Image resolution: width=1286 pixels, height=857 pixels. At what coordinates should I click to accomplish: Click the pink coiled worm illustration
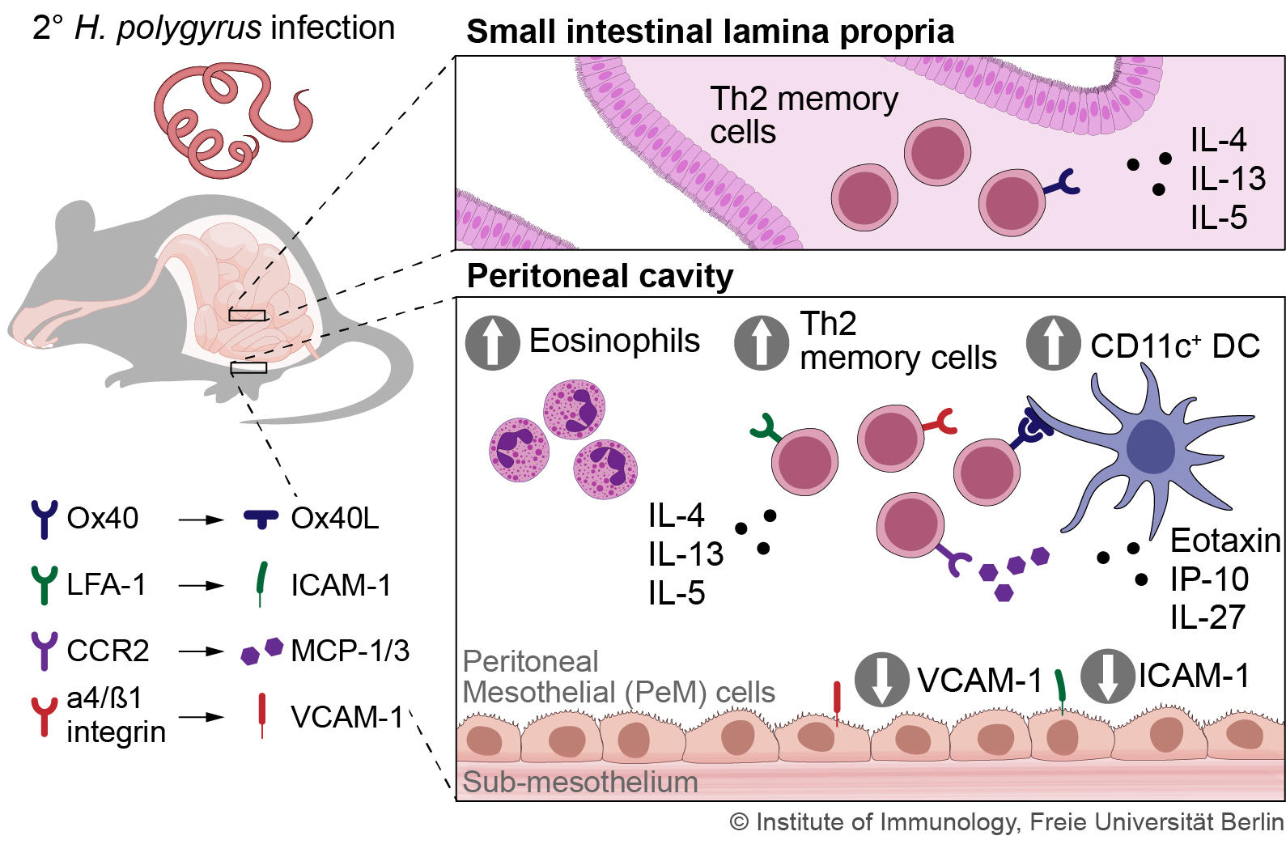tap(231, 121)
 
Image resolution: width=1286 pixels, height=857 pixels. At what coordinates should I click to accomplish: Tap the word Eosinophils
tap(614, 341)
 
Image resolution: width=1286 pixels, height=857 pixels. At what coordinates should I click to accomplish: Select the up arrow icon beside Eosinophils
tap(492, 342)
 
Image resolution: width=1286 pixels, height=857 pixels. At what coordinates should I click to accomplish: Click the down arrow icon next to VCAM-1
tap(882, 679)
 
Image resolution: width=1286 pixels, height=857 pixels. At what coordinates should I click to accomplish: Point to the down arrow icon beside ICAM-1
tap(1108, 676)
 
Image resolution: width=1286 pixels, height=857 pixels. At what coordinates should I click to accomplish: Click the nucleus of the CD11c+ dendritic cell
tap(1149, 448)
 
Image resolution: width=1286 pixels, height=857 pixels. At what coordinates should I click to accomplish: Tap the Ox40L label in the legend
tap(334, 518)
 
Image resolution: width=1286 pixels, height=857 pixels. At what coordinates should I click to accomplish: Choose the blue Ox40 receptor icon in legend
tap(44, 519)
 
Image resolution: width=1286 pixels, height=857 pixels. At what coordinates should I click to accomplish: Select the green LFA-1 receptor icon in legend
tap(44, 584)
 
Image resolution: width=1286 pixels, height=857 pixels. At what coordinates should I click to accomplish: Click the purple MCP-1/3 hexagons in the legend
tap(261, 651)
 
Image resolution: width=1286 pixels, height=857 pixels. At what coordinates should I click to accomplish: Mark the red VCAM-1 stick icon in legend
tap(261, 715)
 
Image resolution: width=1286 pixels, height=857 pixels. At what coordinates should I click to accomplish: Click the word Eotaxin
tap(1224, 540)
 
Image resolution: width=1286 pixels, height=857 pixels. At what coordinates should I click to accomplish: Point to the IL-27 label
tap(1207, 617)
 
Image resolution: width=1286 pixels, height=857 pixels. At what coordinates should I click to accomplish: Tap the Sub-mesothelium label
tap(580, 783)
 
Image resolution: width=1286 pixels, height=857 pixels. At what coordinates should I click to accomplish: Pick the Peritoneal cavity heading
tap(600, 276)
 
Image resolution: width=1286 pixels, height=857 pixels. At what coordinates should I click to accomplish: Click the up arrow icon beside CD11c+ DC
tap(1053, 342)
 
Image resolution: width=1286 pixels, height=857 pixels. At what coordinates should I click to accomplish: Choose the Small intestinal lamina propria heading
tap(710, 32)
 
